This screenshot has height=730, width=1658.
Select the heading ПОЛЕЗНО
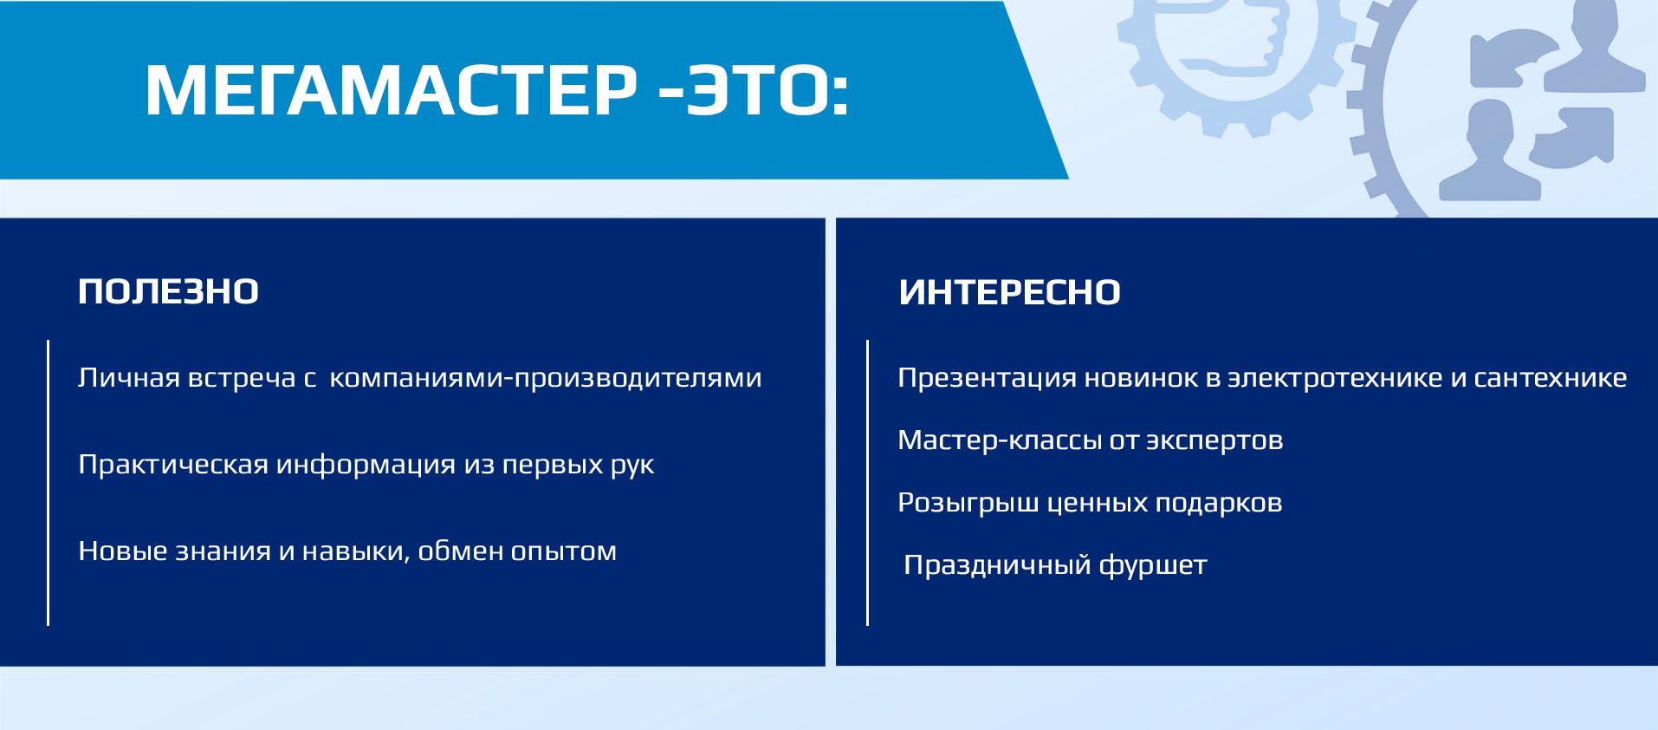pyautogui.click(x=168, y=292)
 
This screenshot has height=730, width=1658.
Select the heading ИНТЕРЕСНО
pyautogui.click(x=1009, y=292)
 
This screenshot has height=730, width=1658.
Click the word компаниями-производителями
pyautogui.click(x=546, y=379)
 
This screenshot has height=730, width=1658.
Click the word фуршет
pyautogui.click(x=1153, y=566)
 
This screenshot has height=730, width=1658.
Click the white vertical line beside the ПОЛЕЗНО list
pyautogui.click(x=48, y=482)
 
